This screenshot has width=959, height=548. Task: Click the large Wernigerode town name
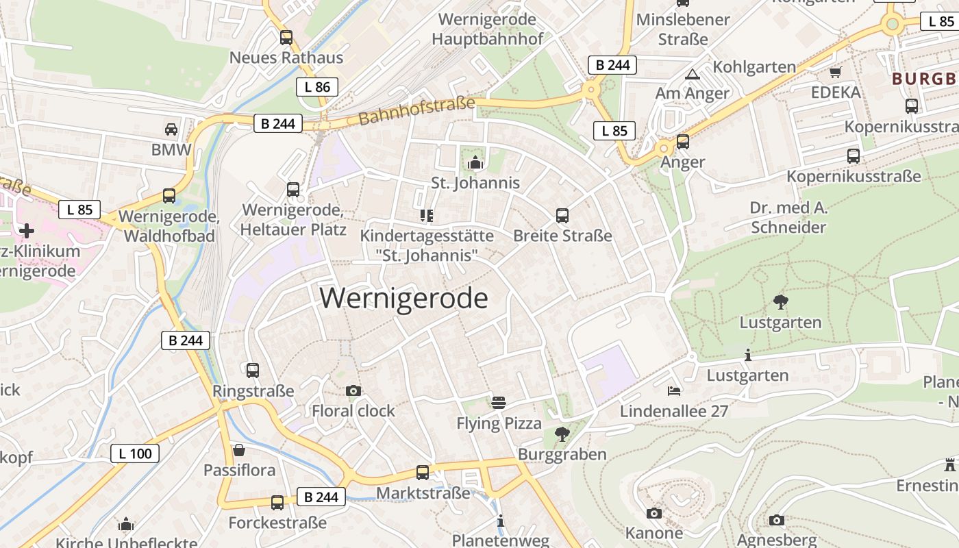[403, 299]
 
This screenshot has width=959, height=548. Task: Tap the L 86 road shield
[317, 87]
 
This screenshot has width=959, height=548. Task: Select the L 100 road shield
[135, 453]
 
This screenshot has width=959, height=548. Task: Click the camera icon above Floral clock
[353, 390]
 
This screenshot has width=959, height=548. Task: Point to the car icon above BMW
[171, 129]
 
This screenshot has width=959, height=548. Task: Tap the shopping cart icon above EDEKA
[835, 72]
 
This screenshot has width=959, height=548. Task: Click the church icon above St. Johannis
[475, 162]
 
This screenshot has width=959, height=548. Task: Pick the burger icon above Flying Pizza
[499, 402]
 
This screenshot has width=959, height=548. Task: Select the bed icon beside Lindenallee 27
[674, 391]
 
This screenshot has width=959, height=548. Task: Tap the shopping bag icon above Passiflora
[239, 450]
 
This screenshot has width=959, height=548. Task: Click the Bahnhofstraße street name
[416, 111]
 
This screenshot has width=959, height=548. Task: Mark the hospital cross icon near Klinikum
[27, 231]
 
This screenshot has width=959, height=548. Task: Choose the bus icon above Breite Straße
[562, 216]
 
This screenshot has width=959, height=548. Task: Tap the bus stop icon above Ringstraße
[253, 371]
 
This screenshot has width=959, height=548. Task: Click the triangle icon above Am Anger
[692, 73]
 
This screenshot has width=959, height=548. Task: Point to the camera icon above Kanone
[654, 513]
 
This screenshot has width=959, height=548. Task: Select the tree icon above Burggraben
[562, 433]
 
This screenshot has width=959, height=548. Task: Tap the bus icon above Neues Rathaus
[286, 38]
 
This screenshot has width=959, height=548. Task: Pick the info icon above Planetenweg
[501, 521]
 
